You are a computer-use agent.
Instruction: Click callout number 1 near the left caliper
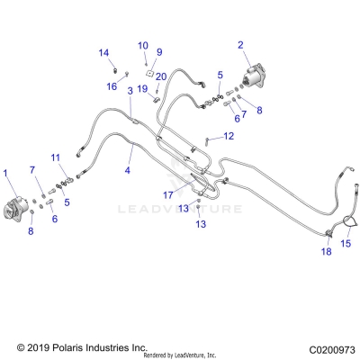coord(7,173)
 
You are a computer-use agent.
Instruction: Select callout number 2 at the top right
coord(240,44)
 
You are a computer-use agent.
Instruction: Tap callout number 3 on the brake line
coord(130,91)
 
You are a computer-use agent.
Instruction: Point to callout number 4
coord(128,169)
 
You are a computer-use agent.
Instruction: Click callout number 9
coord(158,52)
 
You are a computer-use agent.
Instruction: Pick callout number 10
coord(142,45)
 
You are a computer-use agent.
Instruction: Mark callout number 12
coord(228,136)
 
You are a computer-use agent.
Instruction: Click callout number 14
coord(103,52)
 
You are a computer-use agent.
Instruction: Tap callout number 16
coord(112,86)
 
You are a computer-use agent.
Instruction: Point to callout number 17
coord(167,194)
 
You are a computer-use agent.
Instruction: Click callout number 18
coord(327,253)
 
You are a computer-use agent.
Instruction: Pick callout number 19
coord(142,88)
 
